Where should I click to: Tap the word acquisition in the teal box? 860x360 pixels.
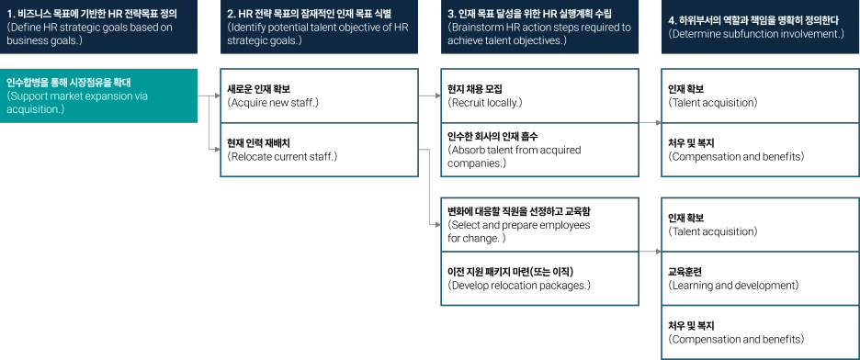click(x=35, y=108)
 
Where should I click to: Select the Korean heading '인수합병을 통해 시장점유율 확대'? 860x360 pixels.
click(x=69, y=84)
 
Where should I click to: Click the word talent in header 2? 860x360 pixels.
click(x=332, y=28)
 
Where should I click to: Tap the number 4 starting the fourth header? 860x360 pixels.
click(x=672, y=20)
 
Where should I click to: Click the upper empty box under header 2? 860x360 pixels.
click(x=319, y=95)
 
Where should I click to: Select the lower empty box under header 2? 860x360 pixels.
click(x=319, y=149)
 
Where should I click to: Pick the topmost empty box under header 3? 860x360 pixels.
click(x=539, y=95)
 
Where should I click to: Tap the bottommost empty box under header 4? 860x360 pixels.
click(x=760, y=332)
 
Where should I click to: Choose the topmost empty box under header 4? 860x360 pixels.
click(x=760, y=95)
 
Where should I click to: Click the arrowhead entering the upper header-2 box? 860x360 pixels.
click(x=217, y=94)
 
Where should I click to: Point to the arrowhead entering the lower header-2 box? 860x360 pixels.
click(x=217, y=148)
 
